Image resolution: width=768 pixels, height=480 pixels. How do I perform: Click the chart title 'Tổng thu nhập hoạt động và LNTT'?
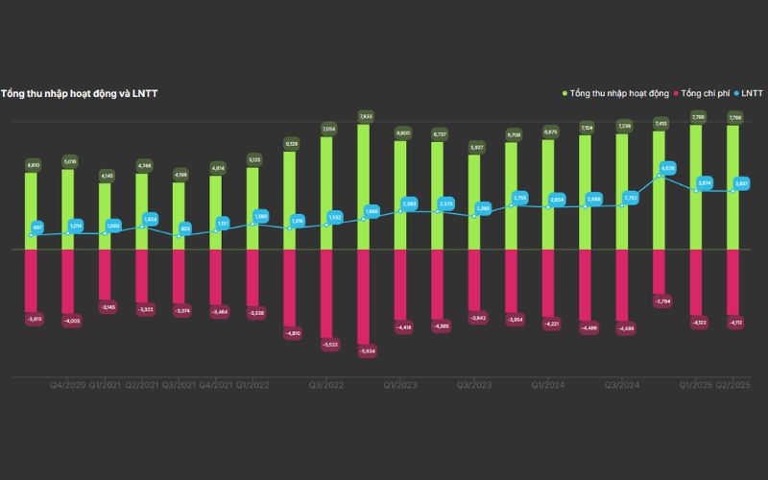click(x=79, y=93)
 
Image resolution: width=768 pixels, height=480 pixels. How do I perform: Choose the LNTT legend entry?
click(x=749, y=93)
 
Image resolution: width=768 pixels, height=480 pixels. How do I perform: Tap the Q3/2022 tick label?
click(x=326, y=384)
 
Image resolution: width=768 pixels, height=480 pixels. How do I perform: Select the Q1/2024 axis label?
click(x=550, y=384)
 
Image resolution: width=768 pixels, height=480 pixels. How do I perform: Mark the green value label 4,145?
click(x=106, y=175)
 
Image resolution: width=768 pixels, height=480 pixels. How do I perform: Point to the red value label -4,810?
click(x=291, y=333)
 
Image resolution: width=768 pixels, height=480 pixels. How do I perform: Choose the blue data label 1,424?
click(x=150, y=219)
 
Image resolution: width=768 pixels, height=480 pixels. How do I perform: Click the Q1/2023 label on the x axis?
click(x=399, y=384)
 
